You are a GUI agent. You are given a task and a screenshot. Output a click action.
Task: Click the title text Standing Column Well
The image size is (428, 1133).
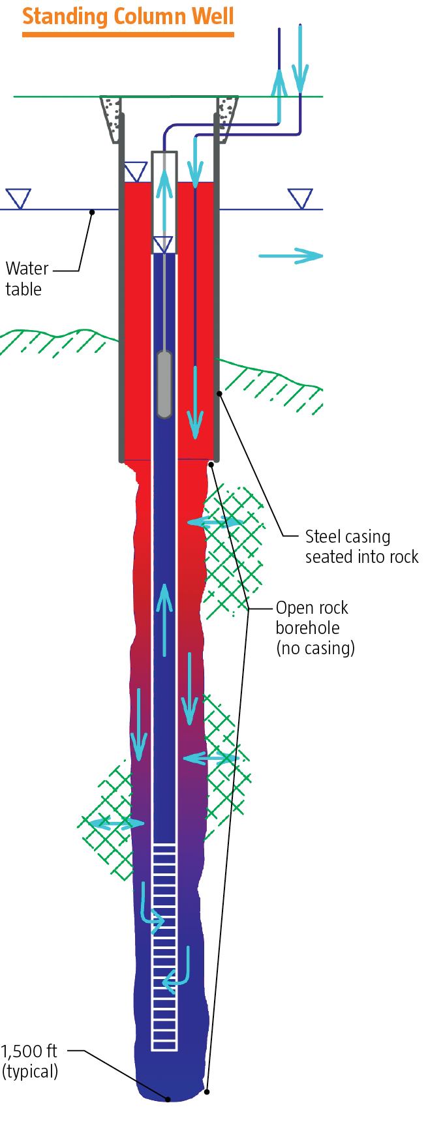tap(128, 15)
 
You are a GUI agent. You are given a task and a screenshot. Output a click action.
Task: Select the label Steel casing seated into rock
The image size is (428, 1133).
tap(361, 547)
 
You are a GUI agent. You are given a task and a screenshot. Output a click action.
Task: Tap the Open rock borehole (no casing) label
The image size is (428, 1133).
tap(314, 627)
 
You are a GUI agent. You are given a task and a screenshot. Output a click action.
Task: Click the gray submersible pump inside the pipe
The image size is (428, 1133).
tap(164, 384)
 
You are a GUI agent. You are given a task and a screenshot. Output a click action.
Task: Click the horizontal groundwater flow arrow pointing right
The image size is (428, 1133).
tap(290, 256)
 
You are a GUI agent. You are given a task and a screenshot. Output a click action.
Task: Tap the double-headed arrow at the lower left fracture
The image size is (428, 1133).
tap(115, 824)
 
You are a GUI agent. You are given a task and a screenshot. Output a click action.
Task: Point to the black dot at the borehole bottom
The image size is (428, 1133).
tap(168, 1099)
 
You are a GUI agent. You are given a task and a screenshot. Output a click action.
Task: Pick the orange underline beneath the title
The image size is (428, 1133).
tap(128, 34)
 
